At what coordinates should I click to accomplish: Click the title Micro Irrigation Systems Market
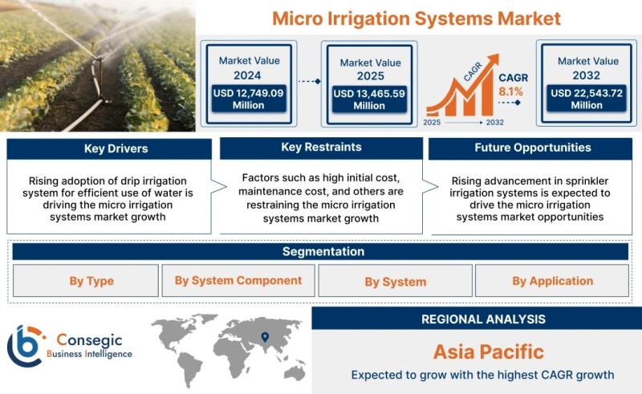pos(416,18)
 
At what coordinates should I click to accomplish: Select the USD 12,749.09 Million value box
pos(249,99)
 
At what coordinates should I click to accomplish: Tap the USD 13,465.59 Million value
pos(369,100)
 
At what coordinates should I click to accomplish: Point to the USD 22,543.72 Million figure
pos(587,99)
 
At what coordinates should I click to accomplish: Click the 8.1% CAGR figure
pos(510,91)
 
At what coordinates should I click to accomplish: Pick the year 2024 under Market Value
pos(247,75)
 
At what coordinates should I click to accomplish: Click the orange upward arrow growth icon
pos(462,85)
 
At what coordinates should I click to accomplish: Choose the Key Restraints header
pos(322,148)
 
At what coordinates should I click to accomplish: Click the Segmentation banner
pos(320,251)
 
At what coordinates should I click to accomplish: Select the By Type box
pos(86,281)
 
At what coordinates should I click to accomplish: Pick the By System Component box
pos(238,281)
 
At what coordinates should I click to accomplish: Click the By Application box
pos(552,281)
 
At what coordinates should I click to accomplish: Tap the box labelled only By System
pos(396,281)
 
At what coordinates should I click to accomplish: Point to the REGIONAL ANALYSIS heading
pos(484,319)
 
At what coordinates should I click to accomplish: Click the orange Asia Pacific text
pos(489,351)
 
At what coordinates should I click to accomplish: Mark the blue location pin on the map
pos(265,337)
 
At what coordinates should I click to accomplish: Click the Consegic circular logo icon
pos(26,345)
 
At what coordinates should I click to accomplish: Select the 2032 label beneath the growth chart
pos(494,122)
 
